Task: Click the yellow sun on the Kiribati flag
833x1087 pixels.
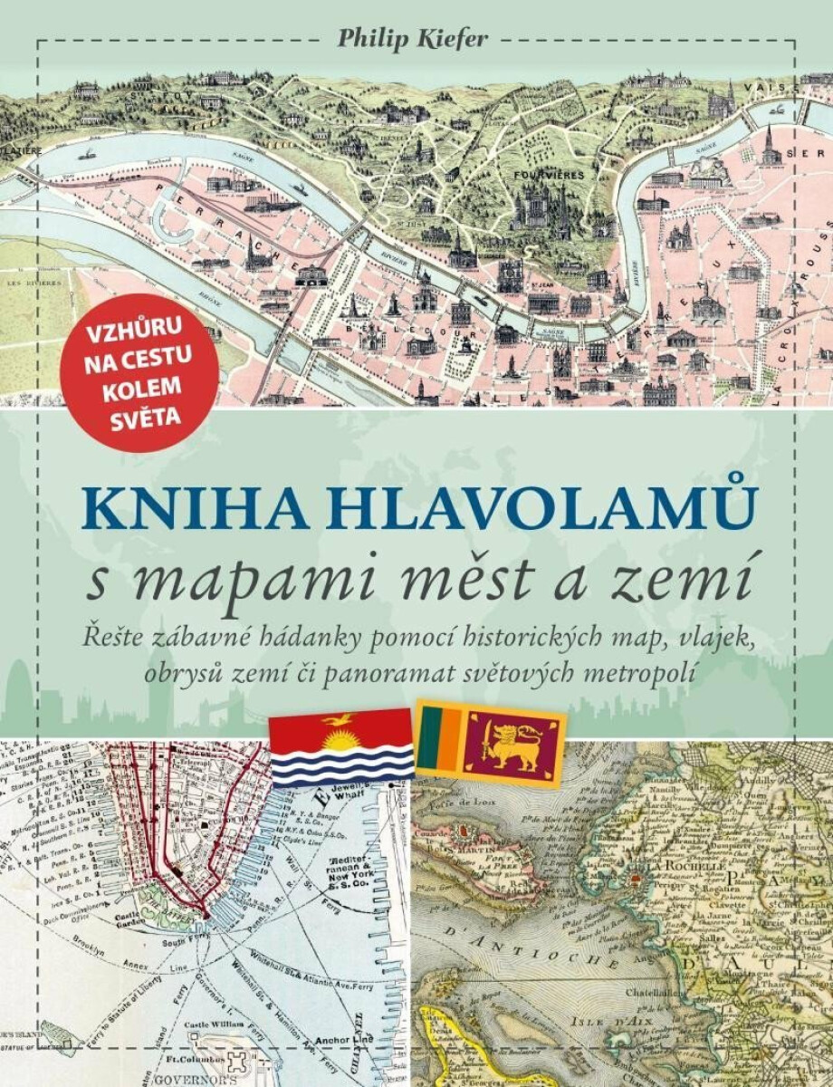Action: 341,747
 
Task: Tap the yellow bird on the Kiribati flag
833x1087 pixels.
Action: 341,722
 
